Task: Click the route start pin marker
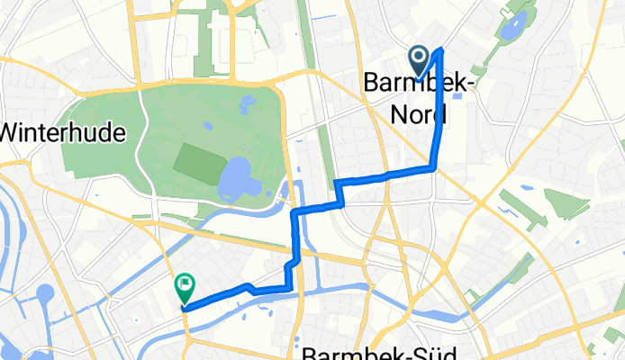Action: pos(420,60)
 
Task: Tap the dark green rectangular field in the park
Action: pos(194,162)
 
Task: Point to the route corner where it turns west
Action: pos(436,167)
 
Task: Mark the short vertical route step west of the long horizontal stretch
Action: pos(339,193)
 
